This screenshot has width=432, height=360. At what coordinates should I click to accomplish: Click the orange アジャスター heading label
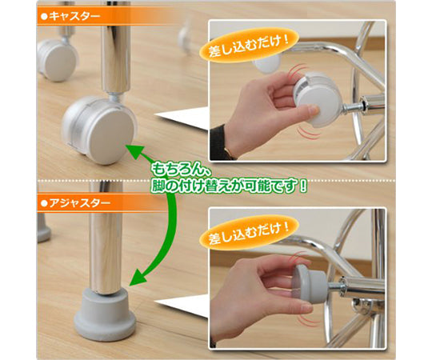pos(76,203)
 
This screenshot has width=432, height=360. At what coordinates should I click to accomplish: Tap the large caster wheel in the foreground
pos(100,130)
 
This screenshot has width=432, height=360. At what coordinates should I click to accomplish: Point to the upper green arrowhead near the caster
pos(137,153)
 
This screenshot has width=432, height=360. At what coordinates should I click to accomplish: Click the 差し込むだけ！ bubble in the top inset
pos(248,44)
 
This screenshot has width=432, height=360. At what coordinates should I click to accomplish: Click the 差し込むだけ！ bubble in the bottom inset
pos(248,232)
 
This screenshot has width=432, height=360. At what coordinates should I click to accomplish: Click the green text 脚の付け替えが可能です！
pos(229,186)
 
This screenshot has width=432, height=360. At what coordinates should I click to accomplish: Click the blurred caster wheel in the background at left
pos(58,58)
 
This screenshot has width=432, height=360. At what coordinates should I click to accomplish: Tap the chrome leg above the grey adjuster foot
pos(106,238)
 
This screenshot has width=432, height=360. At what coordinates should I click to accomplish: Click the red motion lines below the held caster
pos(309,132)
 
